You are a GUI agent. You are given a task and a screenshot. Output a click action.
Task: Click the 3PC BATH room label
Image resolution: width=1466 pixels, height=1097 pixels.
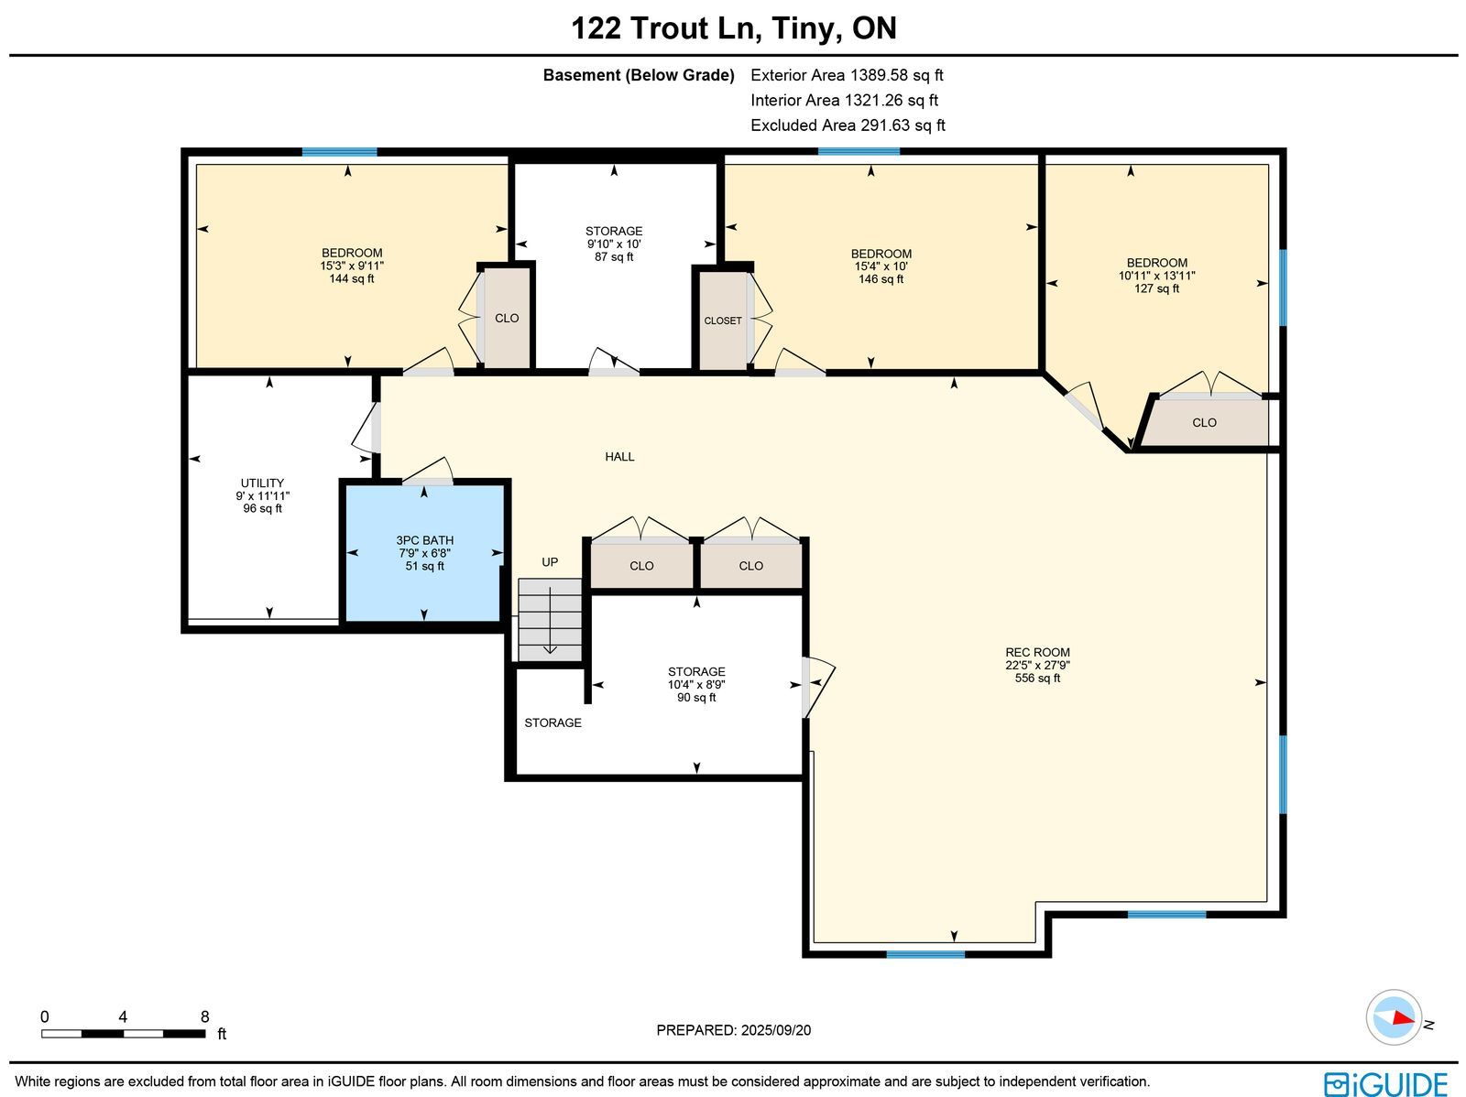(x=424, y=540)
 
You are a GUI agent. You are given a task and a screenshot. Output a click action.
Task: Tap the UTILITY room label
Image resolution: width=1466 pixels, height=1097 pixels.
(x=262, y=483)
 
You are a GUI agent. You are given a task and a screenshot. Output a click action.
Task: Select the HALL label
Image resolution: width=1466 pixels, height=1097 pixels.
(x=619, y=457)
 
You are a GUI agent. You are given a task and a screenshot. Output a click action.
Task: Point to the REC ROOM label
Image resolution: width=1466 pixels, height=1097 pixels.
(x=1037, y=653)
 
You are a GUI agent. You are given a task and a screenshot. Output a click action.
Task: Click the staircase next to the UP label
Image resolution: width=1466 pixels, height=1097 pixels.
(x=550, y=620)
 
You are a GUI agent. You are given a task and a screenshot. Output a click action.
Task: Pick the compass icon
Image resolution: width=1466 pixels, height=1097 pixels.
(x=1394, y=1017)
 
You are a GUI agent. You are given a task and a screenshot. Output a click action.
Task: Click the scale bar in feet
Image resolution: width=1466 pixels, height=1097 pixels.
(x=124, y=1034)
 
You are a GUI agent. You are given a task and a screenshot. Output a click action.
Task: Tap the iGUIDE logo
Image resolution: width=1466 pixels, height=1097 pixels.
(x=1385, y=1084)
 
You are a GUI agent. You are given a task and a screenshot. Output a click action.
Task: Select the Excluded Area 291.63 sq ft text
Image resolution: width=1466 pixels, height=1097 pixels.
(x=848, y=125)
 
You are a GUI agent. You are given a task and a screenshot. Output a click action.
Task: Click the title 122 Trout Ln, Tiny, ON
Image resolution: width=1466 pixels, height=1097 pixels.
(x=733, y=28)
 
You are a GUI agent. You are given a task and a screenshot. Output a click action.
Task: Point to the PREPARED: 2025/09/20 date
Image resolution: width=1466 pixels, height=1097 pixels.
(x=733, y=1030)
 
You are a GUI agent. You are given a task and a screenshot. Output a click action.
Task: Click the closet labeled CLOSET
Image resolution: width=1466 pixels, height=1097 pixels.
(x=723, y=321)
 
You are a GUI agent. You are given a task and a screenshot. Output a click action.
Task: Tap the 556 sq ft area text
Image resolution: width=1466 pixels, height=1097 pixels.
(x=1037, y=679)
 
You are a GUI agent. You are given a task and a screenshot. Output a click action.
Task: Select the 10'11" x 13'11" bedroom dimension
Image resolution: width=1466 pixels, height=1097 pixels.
(x=1157, y=276)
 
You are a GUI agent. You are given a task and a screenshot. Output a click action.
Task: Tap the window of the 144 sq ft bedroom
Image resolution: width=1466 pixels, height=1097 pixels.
(x=339, y=152)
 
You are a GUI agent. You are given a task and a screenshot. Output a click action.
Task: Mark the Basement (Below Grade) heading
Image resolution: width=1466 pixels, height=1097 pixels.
(x=639, y=75)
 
